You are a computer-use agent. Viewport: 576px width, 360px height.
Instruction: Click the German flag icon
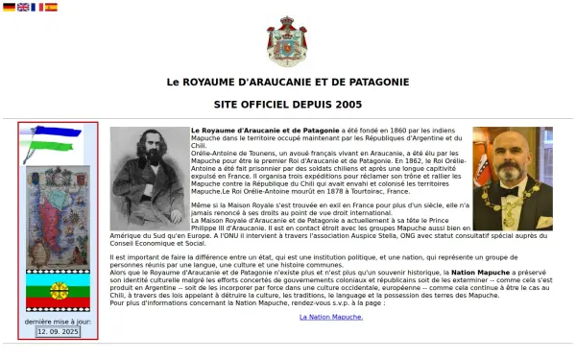pyautogui.click(x=9, y=7)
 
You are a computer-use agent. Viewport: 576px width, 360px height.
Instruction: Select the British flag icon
pyautogui.click(x=23, y=7)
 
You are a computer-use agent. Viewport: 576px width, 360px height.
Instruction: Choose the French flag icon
pyautogui.click(x=36, y=7)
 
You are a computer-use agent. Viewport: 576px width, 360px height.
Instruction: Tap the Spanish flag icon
pyautogui.click(x=51, y=7)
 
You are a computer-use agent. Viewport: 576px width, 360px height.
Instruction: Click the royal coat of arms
pyautogui.click(x=287, y=41)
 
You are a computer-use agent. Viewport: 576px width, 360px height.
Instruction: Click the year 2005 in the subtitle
pyautogui.click(x=347, y=105)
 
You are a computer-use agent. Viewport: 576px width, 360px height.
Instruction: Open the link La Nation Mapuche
pyautogui.click(x=331, y=316)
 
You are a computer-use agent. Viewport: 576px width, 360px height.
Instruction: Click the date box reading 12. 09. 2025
pyautogui.click(x=58, y=330)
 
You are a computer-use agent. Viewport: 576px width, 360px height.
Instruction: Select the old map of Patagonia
pyautogui.click(x=58, y=216)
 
